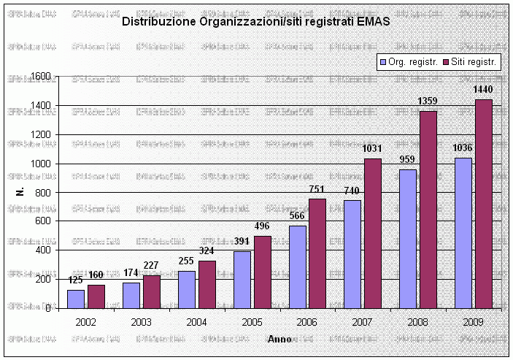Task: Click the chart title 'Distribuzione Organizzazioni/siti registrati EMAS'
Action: [x=255, y=22]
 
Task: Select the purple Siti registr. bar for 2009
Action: [x=483, y=204]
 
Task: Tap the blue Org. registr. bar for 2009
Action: [x=463, y=233]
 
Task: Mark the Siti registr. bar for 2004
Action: [x=207, y=284]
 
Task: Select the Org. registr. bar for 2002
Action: [x=76, y=299]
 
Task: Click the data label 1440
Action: [x=484, y=89]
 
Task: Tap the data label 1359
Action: [x=428, y=101]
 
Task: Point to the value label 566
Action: [x=297, y=216]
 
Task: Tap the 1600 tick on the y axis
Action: [x=41, y=77]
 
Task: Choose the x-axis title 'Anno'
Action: [x=279, y=339]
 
